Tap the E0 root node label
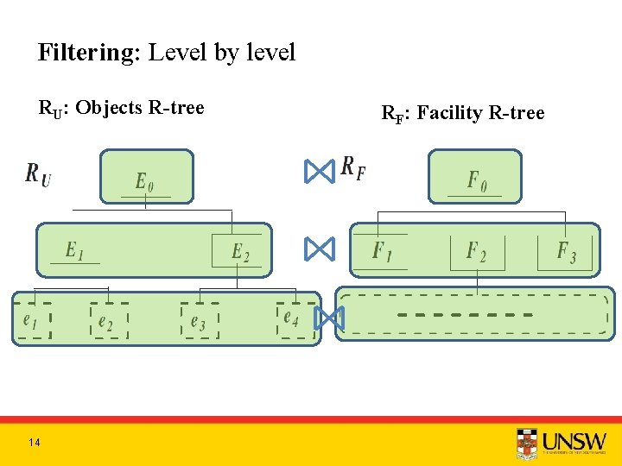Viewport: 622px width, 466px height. tap(145, 181)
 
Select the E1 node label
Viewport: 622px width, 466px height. tap(75, 250)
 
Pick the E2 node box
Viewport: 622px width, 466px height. tap(238, 250)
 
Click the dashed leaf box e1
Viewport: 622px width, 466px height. tap(33, 321)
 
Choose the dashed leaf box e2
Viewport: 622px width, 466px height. tap(108, 321)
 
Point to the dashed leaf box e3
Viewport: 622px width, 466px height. tap(200, 322)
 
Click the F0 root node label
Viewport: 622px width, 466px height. tap(477, 180)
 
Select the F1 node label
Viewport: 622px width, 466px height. tap(382, 251)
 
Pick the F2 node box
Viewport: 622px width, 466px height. tap(477, 251)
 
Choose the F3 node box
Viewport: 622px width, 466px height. tap(565, 251)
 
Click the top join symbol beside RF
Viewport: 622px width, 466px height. tap(319, 172)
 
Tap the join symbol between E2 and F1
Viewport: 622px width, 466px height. tap(319, 250)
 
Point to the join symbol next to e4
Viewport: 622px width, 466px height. tap(328, 318)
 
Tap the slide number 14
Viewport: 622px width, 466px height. tap(34, 443)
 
